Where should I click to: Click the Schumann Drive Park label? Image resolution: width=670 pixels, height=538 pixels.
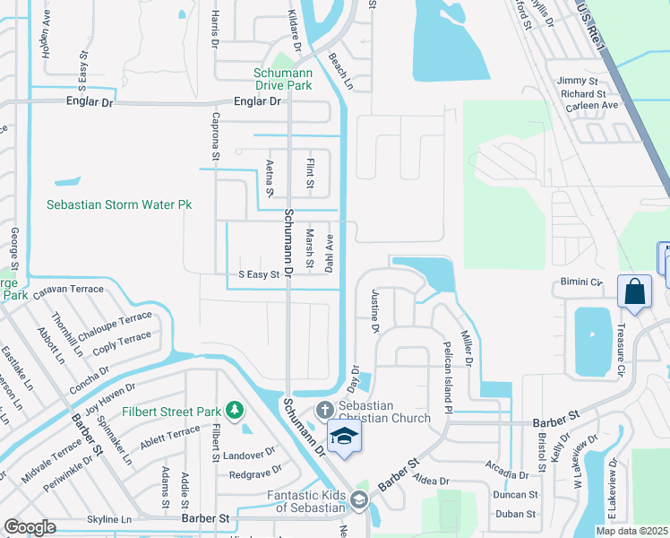(282, 79)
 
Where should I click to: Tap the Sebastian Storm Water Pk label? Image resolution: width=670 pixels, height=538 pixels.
(119, 204)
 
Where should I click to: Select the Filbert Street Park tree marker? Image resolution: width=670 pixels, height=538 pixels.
(235, 411)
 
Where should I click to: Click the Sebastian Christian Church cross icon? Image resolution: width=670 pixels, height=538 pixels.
(324, 410)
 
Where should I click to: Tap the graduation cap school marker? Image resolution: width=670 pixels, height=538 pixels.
(341, 437)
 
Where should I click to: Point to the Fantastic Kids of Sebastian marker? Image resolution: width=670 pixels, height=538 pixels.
(359, 500)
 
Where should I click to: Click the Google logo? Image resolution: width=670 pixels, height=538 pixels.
(30, 527)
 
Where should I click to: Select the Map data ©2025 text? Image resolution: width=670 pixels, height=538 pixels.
(631, 531)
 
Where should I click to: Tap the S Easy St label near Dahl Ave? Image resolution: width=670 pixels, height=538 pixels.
(259, 274)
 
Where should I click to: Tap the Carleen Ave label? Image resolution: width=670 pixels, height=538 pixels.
(593, 106)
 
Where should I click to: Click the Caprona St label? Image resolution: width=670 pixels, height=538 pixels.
(216, 136)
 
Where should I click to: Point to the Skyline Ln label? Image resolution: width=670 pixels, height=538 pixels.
(109, 519)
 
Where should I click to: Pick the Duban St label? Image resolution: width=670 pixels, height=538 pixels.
(515, 515)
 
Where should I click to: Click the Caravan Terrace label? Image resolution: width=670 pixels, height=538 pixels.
(68, 291)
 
